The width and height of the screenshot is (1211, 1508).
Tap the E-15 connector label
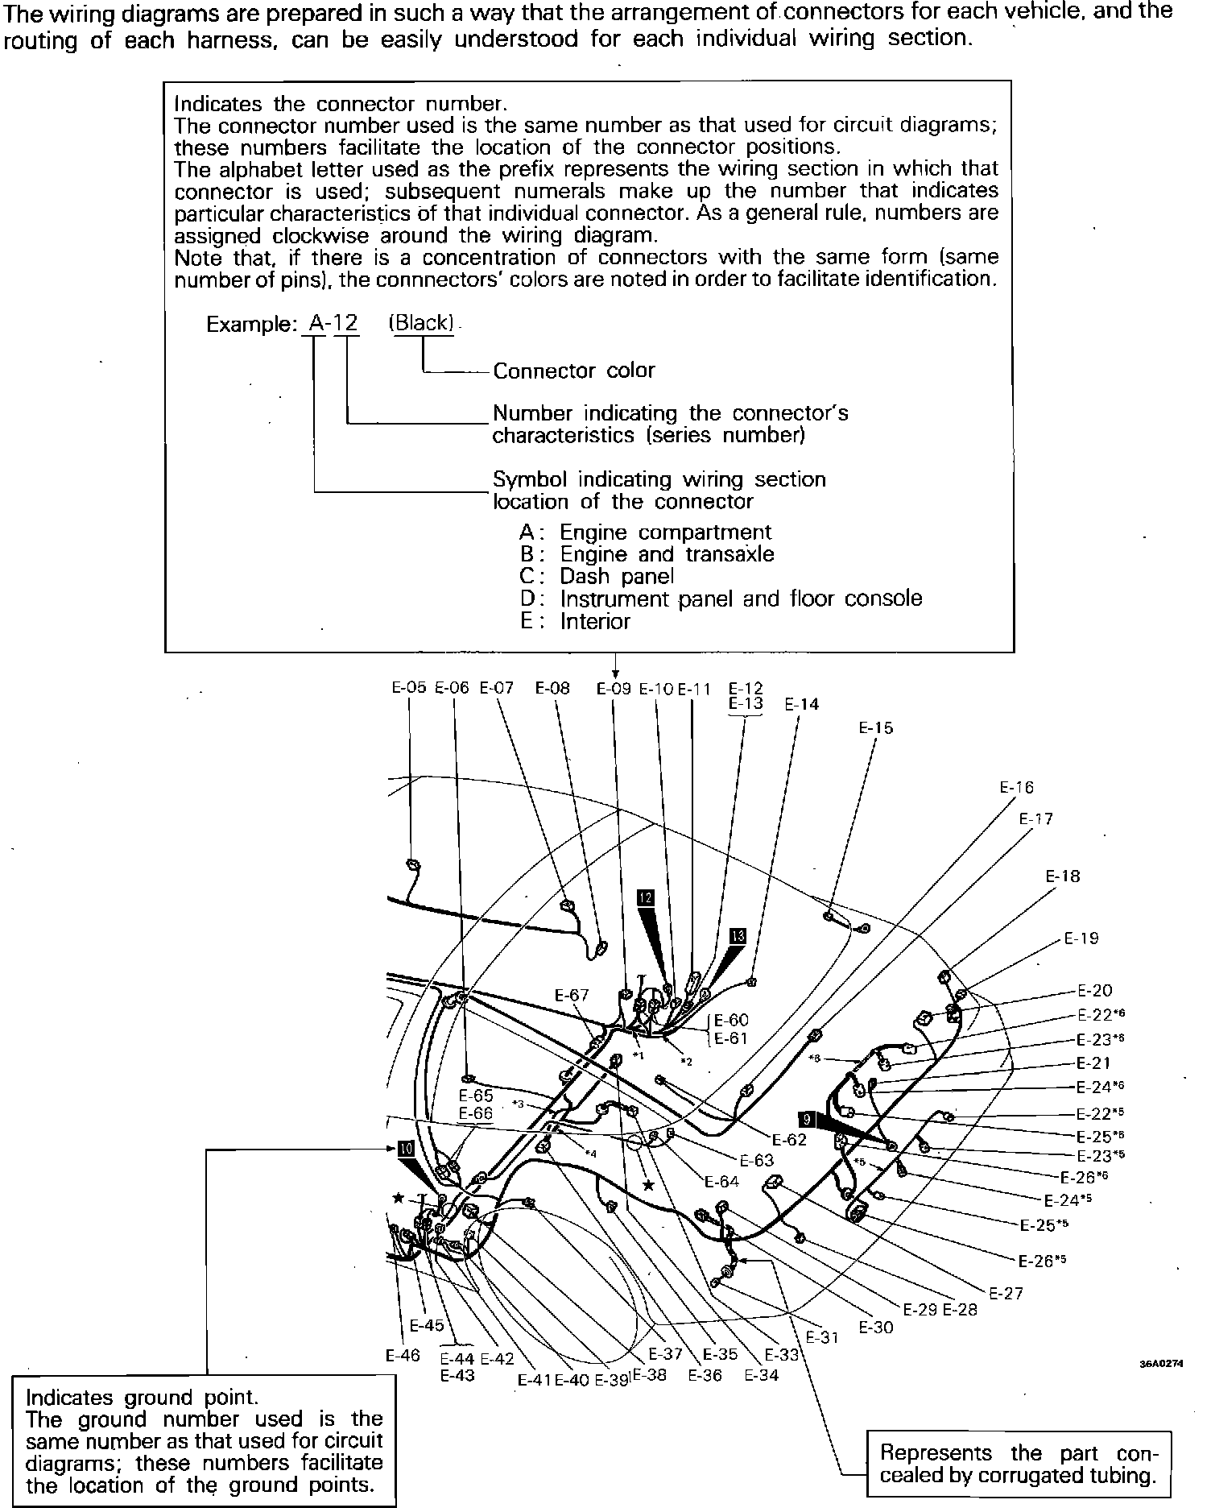[x=875, y=727]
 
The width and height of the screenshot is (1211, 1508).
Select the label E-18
[x=1063, y=876]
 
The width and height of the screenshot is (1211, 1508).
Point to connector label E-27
[x=1006, y=1293]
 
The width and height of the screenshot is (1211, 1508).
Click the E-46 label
[x=403, y=1355]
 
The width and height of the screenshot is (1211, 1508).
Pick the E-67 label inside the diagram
[x=572, y=995]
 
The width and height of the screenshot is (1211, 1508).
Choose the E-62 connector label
[x=789, y=1140]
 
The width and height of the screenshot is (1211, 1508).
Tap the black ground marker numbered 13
[x=738, y=935]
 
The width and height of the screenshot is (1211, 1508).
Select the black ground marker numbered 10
[x=405, y=1148]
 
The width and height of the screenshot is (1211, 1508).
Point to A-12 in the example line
[x=333, y=323]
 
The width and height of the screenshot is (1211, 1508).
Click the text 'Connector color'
[x=574, y=371]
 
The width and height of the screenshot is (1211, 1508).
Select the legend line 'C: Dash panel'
[x=597, y=576]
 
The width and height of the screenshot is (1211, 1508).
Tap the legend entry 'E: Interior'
[x=575, y=621]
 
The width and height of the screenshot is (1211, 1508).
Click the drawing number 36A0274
[x=1160, y=1364]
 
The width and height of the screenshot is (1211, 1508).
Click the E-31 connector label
[x=822, y=1337]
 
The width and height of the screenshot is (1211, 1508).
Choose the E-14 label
[x=802, y=704]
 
